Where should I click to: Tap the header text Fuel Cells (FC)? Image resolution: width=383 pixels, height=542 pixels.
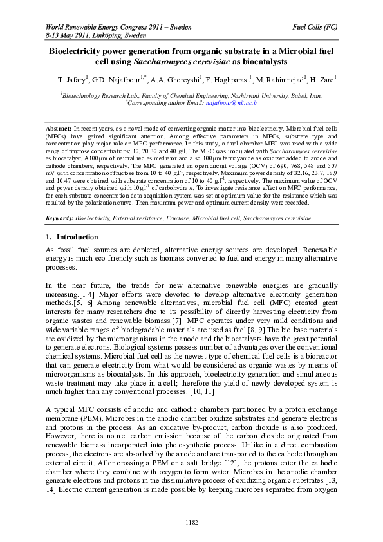click(x=315, y=28)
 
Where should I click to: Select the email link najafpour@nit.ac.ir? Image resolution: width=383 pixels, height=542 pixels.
click(x=231, y=102)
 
